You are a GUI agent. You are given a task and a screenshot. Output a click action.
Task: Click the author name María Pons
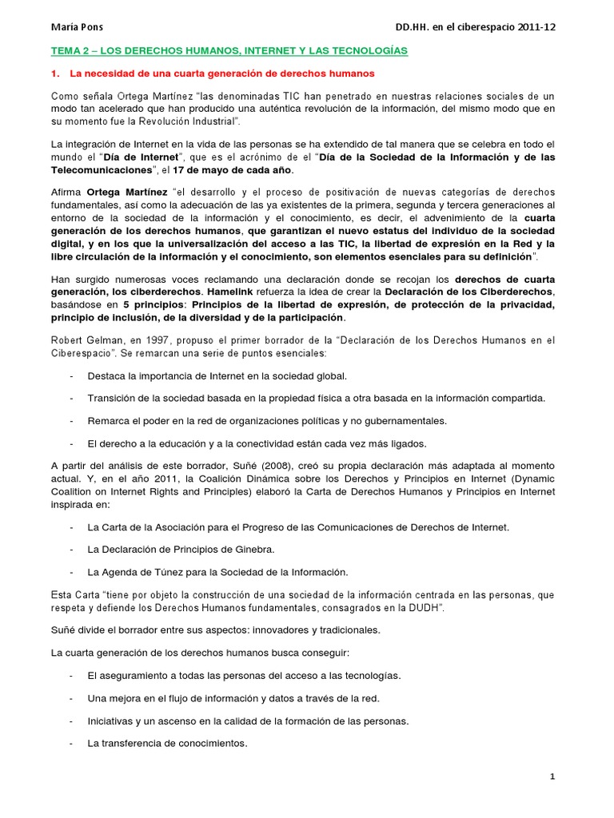pyautogui.click(x=78, y=26)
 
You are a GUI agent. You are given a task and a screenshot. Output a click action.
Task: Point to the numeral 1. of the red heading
pyautogui.click(x=55, y=74)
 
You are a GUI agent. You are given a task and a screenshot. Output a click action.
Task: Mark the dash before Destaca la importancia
pyautogui.click(x=72, y=375)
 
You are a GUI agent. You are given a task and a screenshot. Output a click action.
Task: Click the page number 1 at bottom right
pyautogui.click(x=552, y=776)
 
